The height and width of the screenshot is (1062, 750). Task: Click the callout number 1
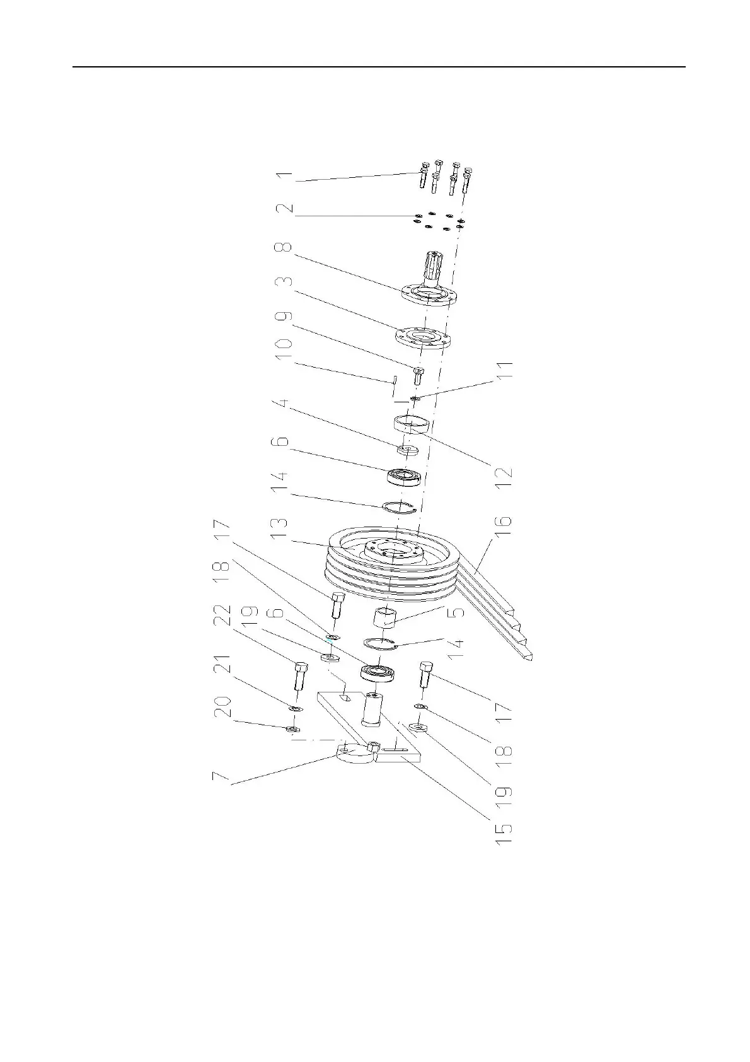286,175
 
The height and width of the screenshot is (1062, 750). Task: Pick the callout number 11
504,369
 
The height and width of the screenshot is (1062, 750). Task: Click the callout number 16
504,527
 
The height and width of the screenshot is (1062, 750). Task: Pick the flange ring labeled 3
421,338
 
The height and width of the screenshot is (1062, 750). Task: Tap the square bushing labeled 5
387,616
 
